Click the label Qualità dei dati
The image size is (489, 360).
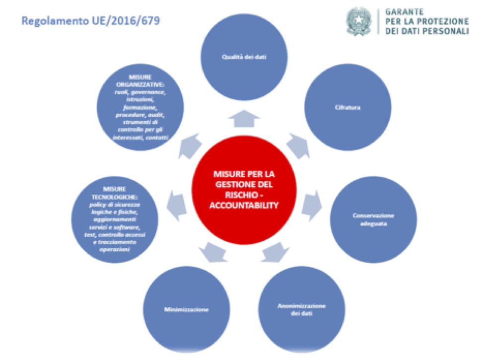[244, 57]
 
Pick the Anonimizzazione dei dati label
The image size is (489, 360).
[302, 309]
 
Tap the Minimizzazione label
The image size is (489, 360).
[186, 310]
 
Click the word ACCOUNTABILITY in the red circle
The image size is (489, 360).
[244, 205]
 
